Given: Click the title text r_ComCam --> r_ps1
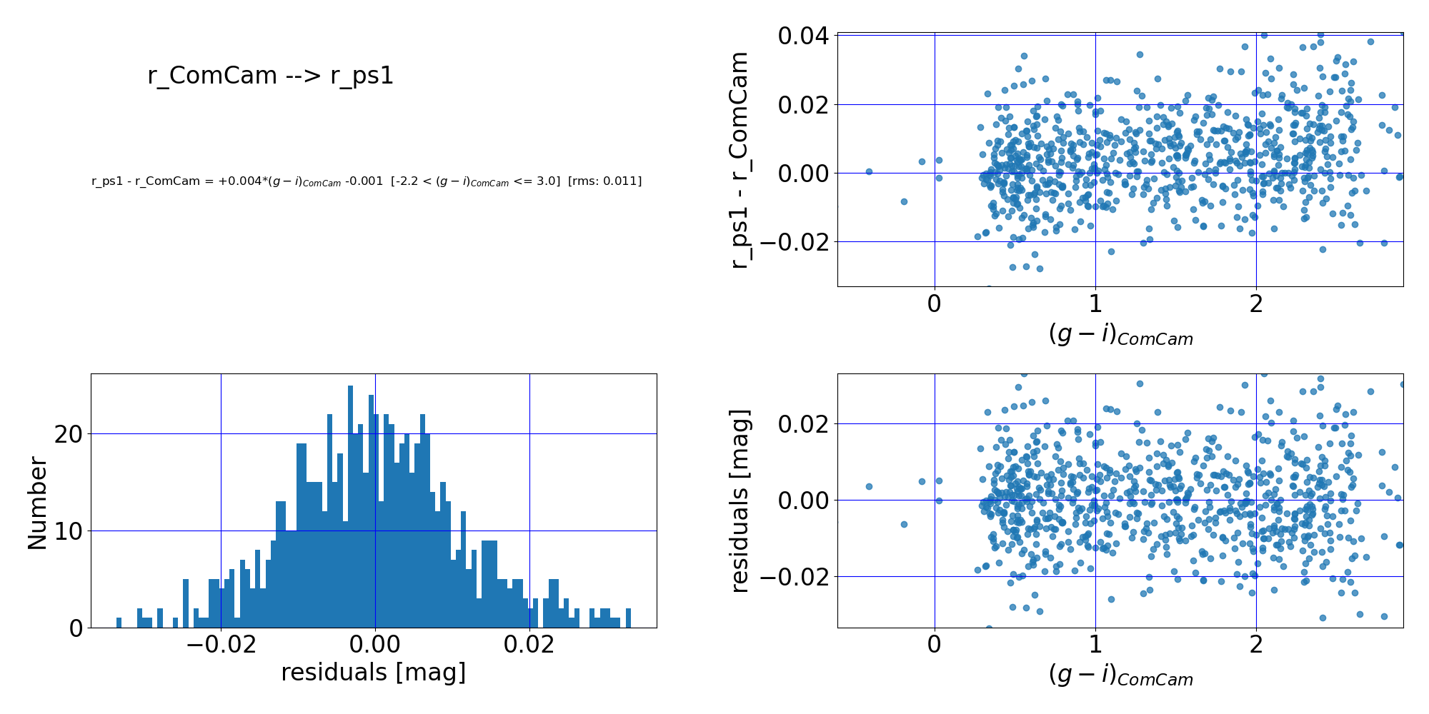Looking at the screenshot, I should (270, 76).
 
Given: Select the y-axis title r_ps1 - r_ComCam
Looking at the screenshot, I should (740, 160).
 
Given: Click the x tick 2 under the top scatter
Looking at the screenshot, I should (1256, 304).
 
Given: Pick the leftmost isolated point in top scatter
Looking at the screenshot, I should (869, 171).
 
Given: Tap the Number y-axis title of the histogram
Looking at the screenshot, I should (37, 503).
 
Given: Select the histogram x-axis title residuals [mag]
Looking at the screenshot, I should (373, 673).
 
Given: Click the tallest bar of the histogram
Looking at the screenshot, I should (350, 507).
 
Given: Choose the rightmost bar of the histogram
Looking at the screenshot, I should (628, 618).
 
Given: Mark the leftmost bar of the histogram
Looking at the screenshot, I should (119, 623).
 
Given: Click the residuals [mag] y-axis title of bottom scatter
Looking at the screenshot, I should (740, 501).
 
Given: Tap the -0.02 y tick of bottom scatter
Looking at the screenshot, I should (793, 577).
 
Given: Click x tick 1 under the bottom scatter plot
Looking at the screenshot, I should (1095, 645).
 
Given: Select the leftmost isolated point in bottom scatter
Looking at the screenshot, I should (869, 486).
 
